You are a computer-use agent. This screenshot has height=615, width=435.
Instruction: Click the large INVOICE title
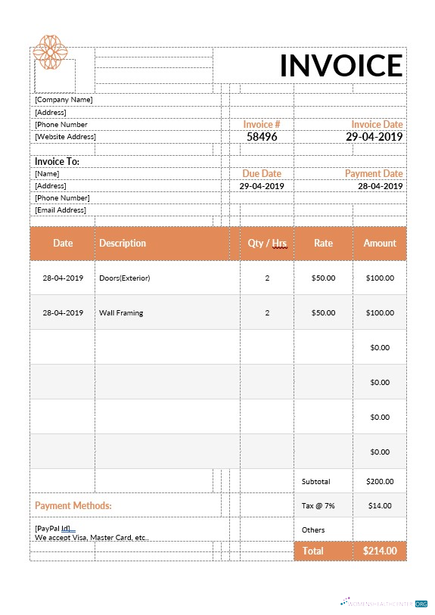340,66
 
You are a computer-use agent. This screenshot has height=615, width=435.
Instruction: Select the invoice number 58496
262,137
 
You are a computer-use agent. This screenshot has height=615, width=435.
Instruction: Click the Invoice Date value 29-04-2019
374,137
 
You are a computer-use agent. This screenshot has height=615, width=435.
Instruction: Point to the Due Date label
262,174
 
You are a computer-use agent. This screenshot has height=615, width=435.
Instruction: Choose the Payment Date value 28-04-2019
380,186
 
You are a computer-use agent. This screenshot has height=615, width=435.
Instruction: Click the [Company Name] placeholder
64,100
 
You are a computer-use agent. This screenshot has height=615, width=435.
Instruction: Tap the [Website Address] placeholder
65,137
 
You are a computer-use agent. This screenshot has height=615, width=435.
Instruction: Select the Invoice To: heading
57,161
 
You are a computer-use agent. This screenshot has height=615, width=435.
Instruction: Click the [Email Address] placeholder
61,210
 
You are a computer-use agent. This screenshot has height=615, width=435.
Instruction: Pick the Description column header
123,244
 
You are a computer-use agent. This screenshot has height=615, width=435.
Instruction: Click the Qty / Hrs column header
267,244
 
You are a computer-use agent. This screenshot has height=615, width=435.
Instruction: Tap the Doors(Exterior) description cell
125,278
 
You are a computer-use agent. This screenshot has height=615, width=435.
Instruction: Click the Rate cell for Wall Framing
323,313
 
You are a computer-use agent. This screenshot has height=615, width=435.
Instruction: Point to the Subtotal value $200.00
379,481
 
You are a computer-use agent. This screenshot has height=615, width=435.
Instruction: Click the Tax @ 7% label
318,505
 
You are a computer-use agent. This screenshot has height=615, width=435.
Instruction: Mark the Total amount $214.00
380,551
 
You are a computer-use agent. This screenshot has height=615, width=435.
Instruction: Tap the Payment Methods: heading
73,505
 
